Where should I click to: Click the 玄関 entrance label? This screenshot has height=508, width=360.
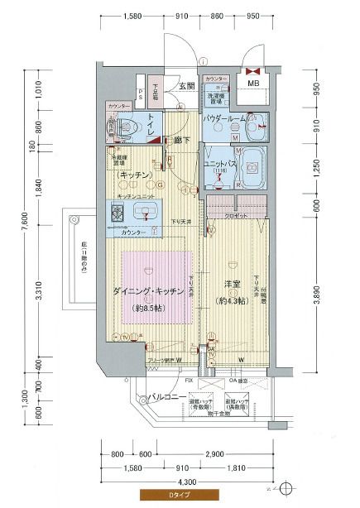point(185,86)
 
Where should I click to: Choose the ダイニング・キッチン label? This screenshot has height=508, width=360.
point(148,290)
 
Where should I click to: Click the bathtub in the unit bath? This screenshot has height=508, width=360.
point(250,165)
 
